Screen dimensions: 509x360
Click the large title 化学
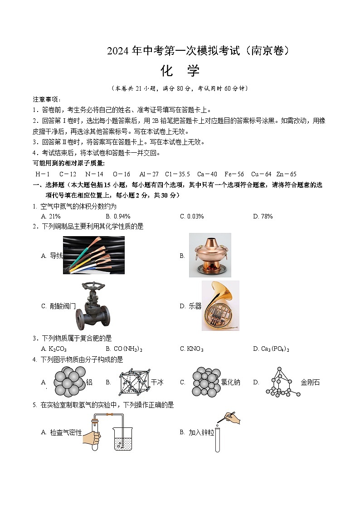click(180, 71)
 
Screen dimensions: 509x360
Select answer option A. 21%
click(51, 217)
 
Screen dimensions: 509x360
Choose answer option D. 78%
click(263, 217)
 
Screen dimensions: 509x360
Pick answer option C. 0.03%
click(192, 217)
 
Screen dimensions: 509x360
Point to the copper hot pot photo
click(210, 255)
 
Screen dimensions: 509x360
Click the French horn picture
click(220, 305)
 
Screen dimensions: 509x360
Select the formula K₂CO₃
click(54, 349)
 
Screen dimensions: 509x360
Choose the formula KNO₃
click(192, 349)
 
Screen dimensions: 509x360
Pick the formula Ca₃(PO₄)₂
click(271, 349)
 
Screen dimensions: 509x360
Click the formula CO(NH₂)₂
click(124, 349)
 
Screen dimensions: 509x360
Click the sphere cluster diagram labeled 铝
click(69, 382)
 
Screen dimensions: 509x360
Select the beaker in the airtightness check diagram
click(123, 439)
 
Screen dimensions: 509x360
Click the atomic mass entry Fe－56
click(234, 174)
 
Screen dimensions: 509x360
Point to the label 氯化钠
click(230, 383)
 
